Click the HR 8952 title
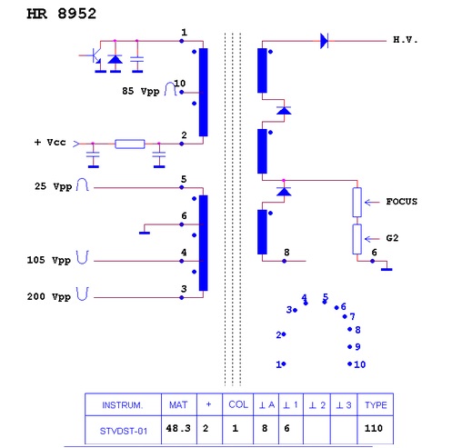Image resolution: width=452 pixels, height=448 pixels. coord(62,14)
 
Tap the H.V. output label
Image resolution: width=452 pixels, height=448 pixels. coord(406,40)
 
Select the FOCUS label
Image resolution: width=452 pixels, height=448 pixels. coord(401,202)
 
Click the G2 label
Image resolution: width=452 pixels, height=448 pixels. coord(392,238)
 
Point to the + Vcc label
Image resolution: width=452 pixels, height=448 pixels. coord(50,143)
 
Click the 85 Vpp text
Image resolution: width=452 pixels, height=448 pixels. coord(141,91)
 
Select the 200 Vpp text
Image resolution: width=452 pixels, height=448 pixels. coord(49,296)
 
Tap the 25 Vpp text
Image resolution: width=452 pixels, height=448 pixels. coord(53,186)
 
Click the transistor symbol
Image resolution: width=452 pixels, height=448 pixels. coord(93,57)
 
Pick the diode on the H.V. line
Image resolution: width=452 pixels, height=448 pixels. coord(324,41)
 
